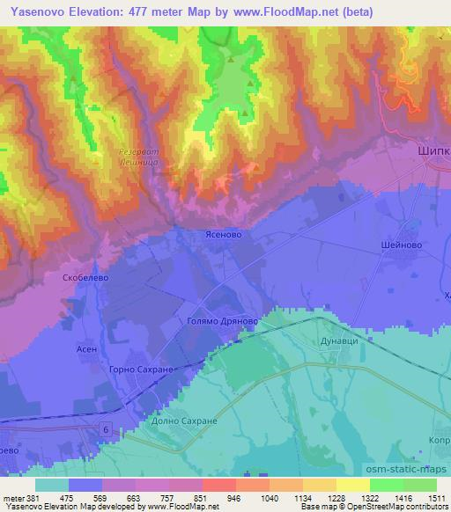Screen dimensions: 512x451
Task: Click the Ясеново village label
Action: [x=221, y=236]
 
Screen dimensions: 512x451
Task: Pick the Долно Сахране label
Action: [x=188, y=421]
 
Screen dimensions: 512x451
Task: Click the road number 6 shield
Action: [x=107, y=428]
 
